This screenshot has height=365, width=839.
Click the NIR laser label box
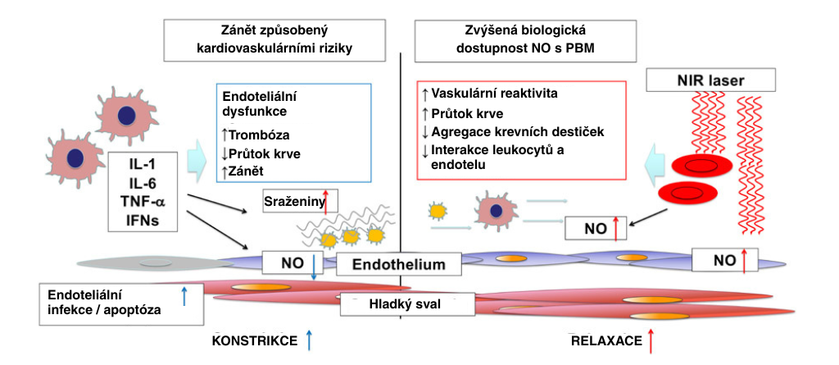pyautogui.click(x=710, y=80)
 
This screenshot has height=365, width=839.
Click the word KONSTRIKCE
pyautogui.click(x=254, y=340)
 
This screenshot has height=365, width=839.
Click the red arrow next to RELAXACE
pyautogui.click(x=651, y=339)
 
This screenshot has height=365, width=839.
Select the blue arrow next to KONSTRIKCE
pyautogui.click(x=309, y=339)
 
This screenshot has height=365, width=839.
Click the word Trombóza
pyautogui.click(x=259, y=135)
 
